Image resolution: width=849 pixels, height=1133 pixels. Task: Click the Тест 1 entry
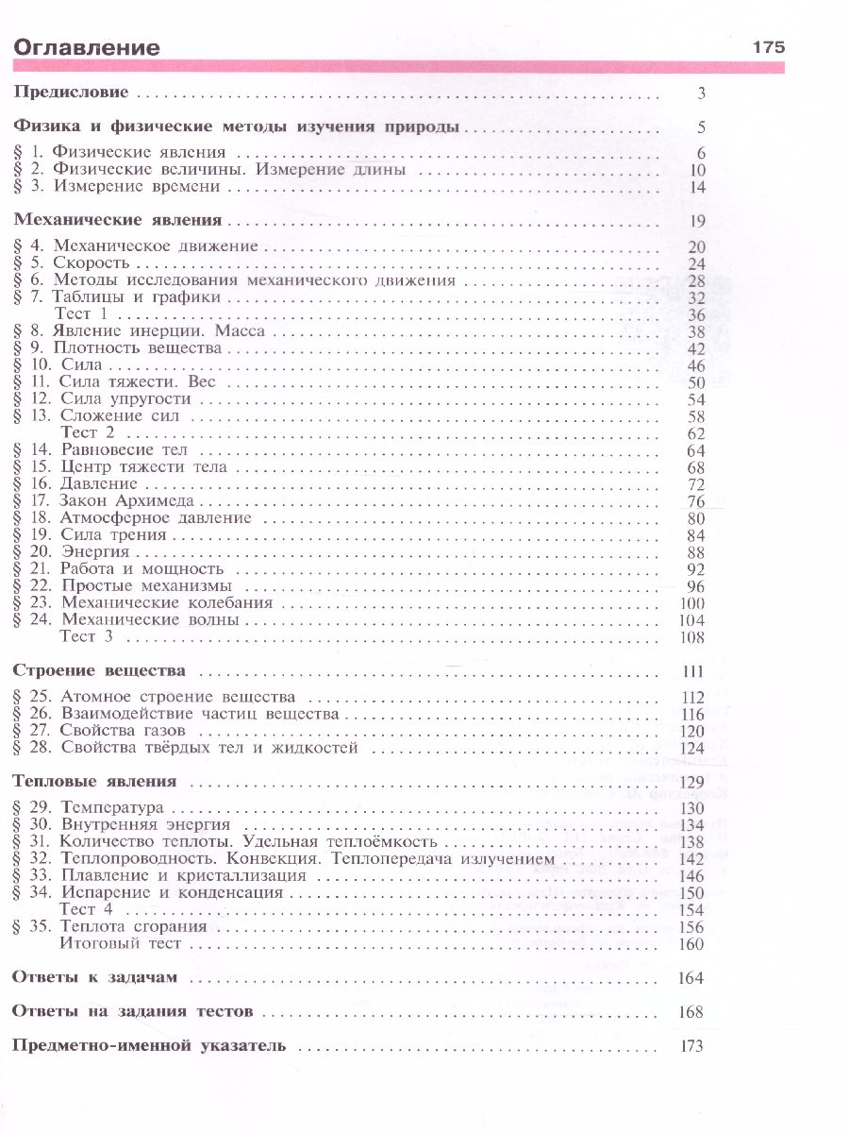pyautogui.click(x=84, y=313)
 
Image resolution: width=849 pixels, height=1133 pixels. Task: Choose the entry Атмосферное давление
pyautogui.click(x=156, y=517)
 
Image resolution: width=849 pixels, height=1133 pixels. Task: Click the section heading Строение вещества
pyautogui.click(x=98, y=670)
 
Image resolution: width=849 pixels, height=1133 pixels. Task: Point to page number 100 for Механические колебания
pyautogui.click(x=691, y=602)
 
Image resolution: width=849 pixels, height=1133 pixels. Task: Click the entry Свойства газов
pyautogui.click(x=123, y=731)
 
